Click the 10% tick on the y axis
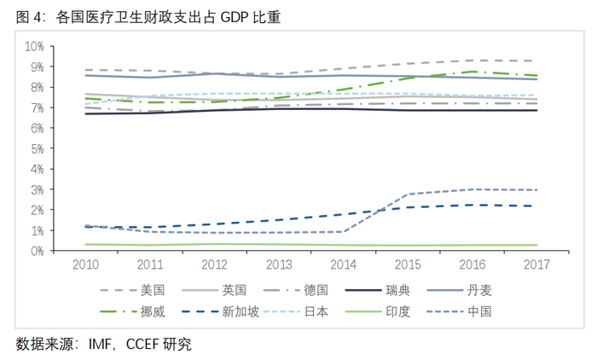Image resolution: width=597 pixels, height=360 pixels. click(x=34, y=45)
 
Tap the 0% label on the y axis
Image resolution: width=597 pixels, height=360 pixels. click(x=37, y=251)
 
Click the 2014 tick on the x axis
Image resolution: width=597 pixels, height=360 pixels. click(x=343, y=265)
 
